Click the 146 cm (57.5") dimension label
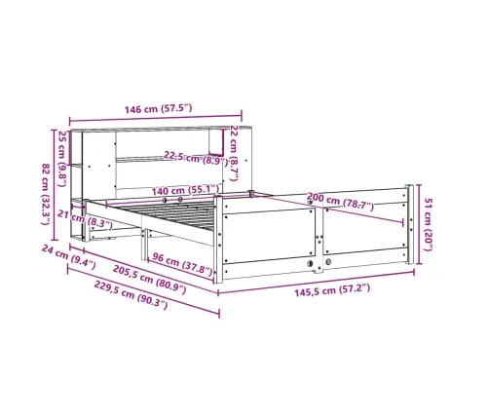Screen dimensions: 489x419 tap(158, 108)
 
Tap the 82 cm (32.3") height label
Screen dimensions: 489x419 tap(46, 194)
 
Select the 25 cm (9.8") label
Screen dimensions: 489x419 tap(62, 159)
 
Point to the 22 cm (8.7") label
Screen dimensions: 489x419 tap(234, 153)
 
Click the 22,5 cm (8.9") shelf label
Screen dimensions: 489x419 tap(196, 158)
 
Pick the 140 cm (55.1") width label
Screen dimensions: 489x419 tap(185, 190)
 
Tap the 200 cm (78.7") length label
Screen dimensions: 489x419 tap(340, 201)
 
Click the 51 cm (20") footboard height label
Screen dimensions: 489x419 tap(428, 224)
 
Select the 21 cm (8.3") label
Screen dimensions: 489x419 tap(85, 219)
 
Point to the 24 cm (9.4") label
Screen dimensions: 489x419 tap(69, 257)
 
